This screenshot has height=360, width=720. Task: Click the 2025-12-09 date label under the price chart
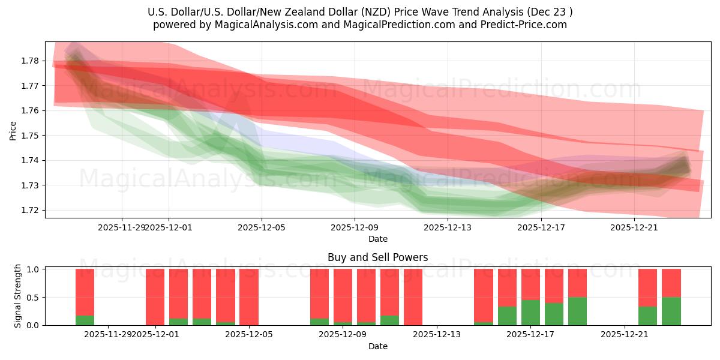pos(355,227)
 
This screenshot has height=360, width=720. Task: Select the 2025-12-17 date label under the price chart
pos(541,227)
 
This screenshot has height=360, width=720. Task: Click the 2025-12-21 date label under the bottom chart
pos(625,335)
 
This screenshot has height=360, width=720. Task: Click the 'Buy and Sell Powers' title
pos(378,257)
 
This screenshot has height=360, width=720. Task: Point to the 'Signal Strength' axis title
pos(18,296)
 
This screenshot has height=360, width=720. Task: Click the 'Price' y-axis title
pos(13,131)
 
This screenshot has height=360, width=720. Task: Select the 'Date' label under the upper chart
pos(378,239)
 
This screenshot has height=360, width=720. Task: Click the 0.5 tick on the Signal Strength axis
pos(34,297)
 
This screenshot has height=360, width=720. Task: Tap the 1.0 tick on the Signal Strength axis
pos(34,269)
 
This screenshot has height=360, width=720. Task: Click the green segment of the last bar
pos(671,311)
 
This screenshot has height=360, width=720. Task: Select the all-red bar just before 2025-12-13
pos(413,297)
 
